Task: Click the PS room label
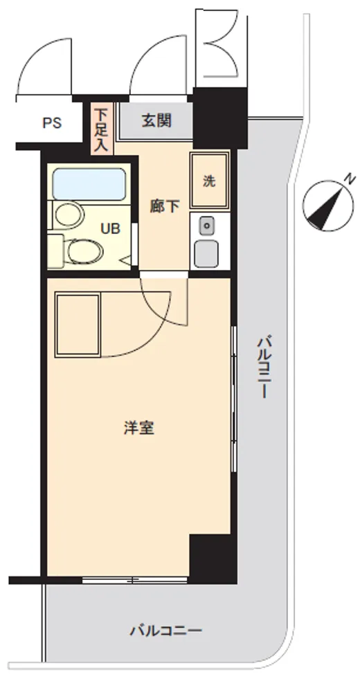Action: (x=52, y=122)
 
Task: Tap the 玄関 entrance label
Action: (x=156, y=120)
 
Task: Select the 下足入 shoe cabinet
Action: (x=102, y=129)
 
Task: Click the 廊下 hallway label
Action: (x=164, y=206)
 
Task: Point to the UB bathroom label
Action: (x=110, y=229)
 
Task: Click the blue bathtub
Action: (x=89, y=184)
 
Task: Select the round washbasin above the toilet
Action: (x=69, y=215)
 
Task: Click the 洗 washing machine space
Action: (x=209, y=180)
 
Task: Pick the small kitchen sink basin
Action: (x=206, y=227)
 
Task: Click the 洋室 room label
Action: (x=139, y=428)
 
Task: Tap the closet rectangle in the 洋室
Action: (x=78, y=325)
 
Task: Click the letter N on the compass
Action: (x=350, y=179)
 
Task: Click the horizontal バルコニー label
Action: (x=165, y=630)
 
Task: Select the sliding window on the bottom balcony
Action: (x=135, y=580)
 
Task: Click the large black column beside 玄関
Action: (x=219, y=118)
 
